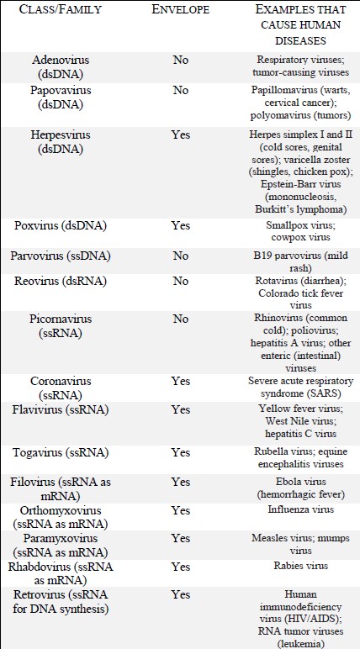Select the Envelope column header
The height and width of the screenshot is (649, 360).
point(180,13)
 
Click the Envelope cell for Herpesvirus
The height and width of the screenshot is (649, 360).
point(180,135)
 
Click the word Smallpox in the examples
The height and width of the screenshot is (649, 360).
point(273,225)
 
